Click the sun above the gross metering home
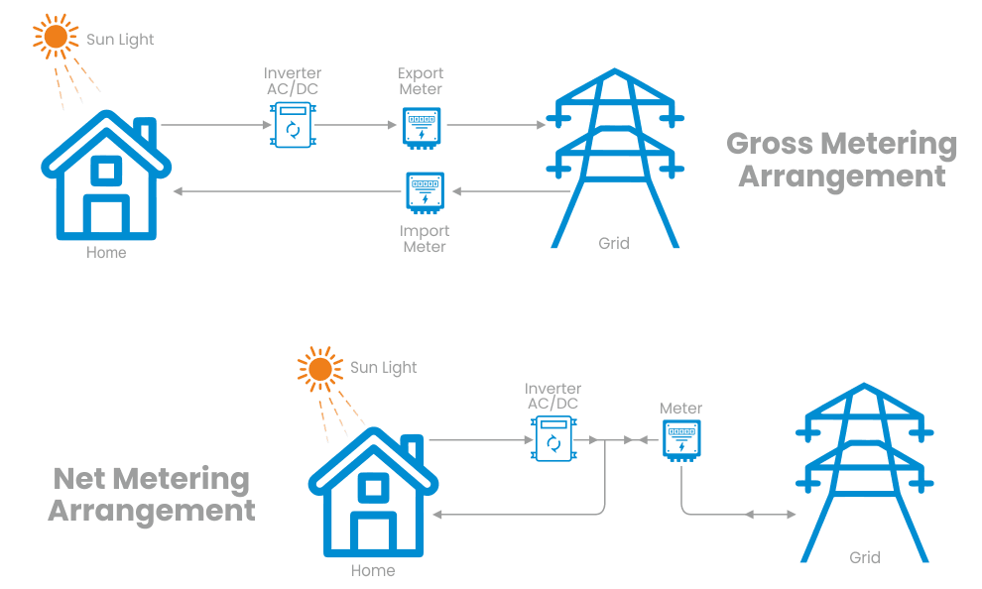click(56, 37)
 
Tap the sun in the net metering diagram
click(319, 369)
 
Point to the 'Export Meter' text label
click(421, 81)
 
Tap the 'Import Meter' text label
click(426, 238)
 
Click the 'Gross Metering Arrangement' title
click(841, 160)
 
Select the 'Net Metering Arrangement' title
click(152, 495)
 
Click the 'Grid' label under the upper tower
click(614, 243)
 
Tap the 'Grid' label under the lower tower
click(865, 557)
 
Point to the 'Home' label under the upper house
click(106, 252)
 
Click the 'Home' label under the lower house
click(373, 570)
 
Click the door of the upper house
click(106, 216)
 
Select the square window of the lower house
click(373, 487)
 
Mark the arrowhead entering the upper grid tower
click(542, 126)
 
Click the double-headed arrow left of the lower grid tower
click(770, 515)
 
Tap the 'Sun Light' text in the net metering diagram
click(383, 368)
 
